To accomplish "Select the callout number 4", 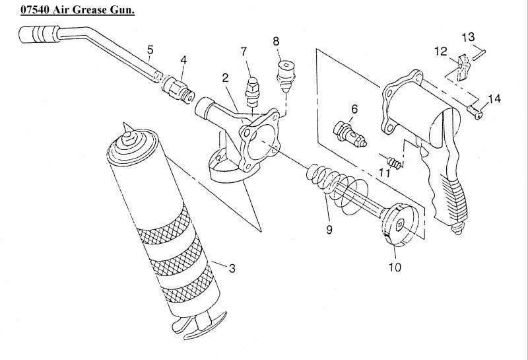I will click(183, 59).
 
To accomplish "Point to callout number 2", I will click(225, 78).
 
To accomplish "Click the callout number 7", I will click(244, 52).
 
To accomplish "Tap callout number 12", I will click(441, 50).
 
